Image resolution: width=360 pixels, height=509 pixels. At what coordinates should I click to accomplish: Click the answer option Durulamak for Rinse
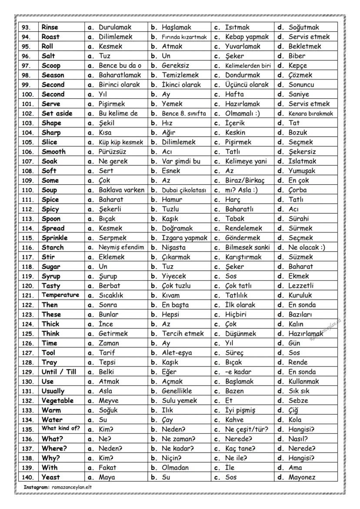(x=115, y=27)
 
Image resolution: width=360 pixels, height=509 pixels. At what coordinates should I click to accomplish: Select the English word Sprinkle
(x=54, y=238)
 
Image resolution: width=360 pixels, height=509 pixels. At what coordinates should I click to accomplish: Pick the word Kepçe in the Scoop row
(x=297, y=66)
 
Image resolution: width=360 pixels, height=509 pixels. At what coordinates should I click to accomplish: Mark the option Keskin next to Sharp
(x=235, y=133)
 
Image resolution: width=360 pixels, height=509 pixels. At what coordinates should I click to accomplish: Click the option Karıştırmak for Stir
(x=243, y=257)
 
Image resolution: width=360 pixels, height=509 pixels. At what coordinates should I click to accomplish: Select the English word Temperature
(x=60, y=295)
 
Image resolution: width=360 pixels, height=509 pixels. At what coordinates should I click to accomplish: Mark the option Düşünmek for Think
(x=240, y=333)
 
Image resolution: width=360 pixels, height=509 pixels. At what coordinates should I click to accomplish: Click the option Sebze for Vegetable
(x=298, y=400)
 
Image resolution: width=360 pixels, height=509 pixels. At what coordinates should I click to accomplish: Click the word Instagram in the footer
(x=36, y=487)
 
